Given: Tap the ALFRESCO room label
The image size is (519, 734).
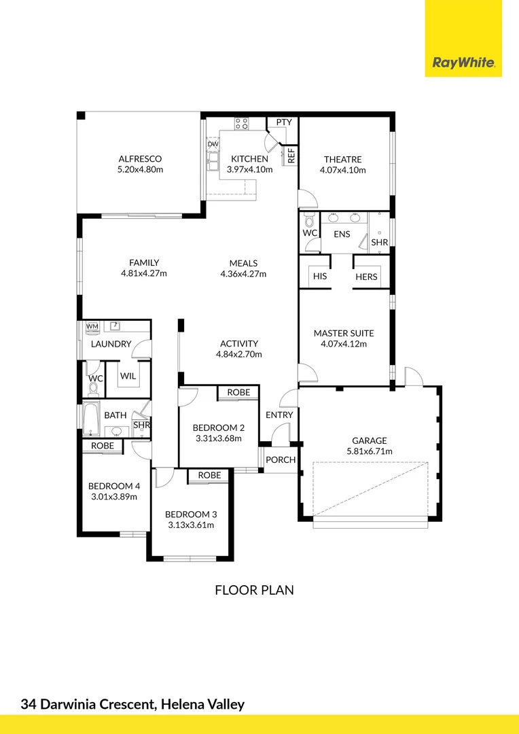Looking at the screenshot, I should coord(140,159).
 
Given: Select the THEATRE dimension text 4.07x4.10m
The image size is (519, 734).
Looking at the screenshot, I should coord(343,170).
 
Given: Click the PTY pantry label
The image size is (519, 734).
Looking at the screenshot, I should coord(284,122).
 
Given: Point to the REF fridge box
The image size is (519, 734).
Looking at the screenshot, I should coord(291,156).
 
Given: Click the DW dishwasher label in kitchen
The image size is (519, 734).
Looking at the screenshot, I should coord(213,144).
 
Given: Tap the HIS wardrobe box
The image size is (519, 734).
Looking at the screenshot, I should coord(320,277).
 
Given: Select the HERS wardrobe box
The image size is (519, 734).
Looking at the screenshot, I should coord(366,277).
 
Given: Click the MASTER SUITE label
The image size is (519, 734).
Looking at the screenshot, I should coord(344,333).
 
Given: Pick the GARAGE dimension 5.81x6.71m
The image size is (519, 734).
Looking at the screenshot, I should coord(369,451).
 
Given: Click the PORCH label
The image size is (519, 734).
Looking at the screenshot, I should coord(281,459).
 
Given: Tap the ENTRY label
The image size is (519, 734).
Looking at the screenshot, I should coord(279,415).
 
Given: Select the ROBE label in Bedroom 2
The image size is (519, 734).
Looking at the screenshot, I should coord(238,392).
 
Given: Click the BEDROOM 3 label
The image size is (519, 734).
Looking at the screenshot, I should coord(191,514).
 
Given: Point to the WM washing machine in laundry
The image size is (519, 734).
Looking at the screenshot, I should coord(92,327).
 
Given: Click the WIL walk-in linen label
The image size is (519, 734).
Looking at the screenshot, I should coord(128,376).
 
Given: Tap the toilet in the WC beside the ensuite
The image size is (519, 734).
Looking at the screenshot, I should coord(310,222).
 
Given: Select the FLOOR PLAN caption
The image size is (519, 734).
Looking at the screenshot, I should coord(254,590).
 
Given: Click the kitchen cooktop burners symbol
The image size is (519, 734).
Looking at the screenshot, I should coord(241,124).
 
